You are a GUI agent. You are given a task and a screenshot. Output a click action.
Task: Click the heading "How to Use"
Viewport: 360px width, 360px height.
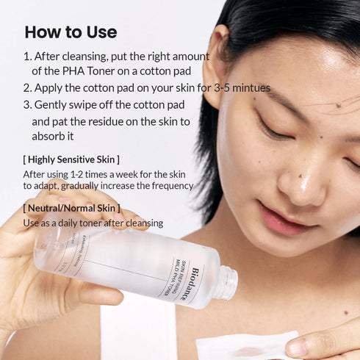coord(71,32)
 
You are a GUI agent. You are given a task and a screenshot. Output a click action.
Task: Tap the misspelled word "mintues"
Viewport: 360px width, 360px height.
coord(251,88)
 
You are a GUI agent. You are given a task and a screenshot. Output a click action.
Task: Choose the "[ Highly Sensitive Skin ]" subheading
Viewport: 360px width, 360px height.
coord(71,159)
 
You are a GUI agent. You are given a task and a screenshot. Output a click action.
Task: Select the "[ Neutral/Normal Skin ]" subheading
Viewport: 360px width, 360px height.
coord(71,208)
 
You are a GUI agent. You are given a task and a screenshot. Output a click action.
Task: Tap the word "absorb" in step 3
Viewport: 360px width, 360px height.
coord(48,137)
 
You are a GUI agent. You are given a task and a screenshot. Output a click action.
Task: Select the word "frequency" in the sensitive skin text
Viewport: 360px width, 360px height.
coord(168,186)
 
